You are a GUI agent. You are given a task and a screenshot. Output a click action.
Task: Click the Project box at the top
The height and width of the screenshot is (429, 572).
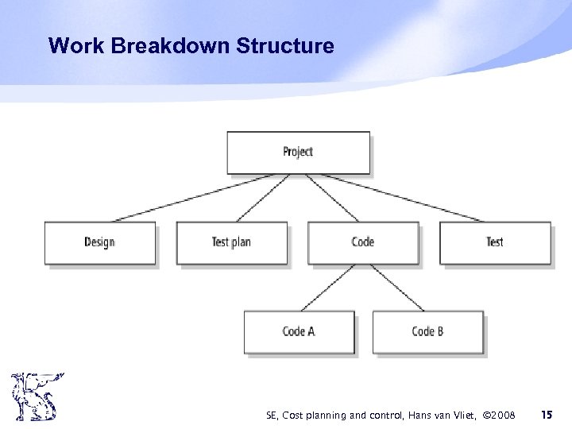coord(298,153)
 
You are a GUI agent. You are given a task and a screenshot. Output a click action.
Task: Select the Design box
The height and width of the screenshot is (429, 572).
coord(99,242)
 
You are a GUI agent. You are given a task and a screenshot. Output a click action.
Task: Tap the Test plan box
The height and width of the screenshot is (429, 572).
coord(231,242)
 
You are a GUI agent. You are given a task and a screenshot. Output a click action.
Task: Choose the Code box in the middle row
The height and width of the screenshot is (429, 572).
coord(362,242)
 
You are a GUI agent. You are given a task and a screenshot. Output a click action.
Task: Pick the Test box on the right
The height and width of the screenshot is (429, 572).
coord(494,242)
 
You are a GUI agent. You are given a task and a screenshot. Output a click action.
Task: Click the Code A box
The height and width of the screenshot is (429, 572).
coord(299,331)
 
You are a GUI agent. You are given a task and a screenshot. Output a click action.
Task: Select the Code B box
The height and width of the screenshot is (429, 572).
coord(427,331)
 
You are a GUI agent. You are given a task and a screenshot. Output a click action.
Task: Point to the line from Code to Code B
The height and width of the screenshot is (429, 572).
coord(397,288)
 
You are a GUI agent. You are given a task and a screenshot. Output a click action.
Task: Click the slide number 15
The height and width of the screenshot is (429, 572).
coord(546,415)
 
